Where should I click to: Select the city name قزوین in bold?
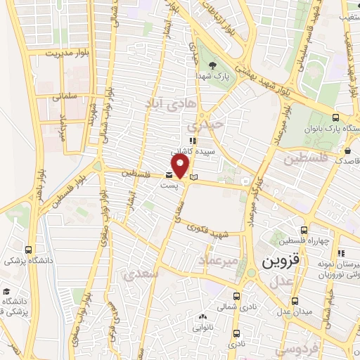(281, 262)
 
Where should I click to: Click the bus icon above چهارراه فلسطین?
(304, 229)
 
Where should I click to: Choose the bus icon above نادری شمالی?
(234, 296)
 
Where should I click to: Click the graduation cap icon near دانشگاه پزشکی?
(6, 291)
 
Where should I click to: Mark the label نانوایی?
(197, 327)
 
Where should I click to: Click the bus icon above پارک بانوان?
(336, 117)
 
